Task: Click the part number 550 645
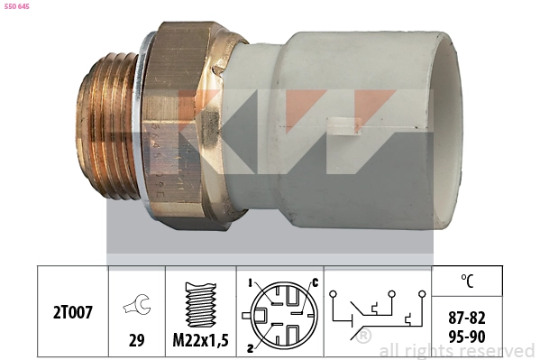point(18,7)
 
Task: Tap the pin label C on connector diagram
point(315,282)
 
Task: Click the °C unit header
point(466,281)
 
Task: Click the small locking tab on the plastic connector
point(341,125)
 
